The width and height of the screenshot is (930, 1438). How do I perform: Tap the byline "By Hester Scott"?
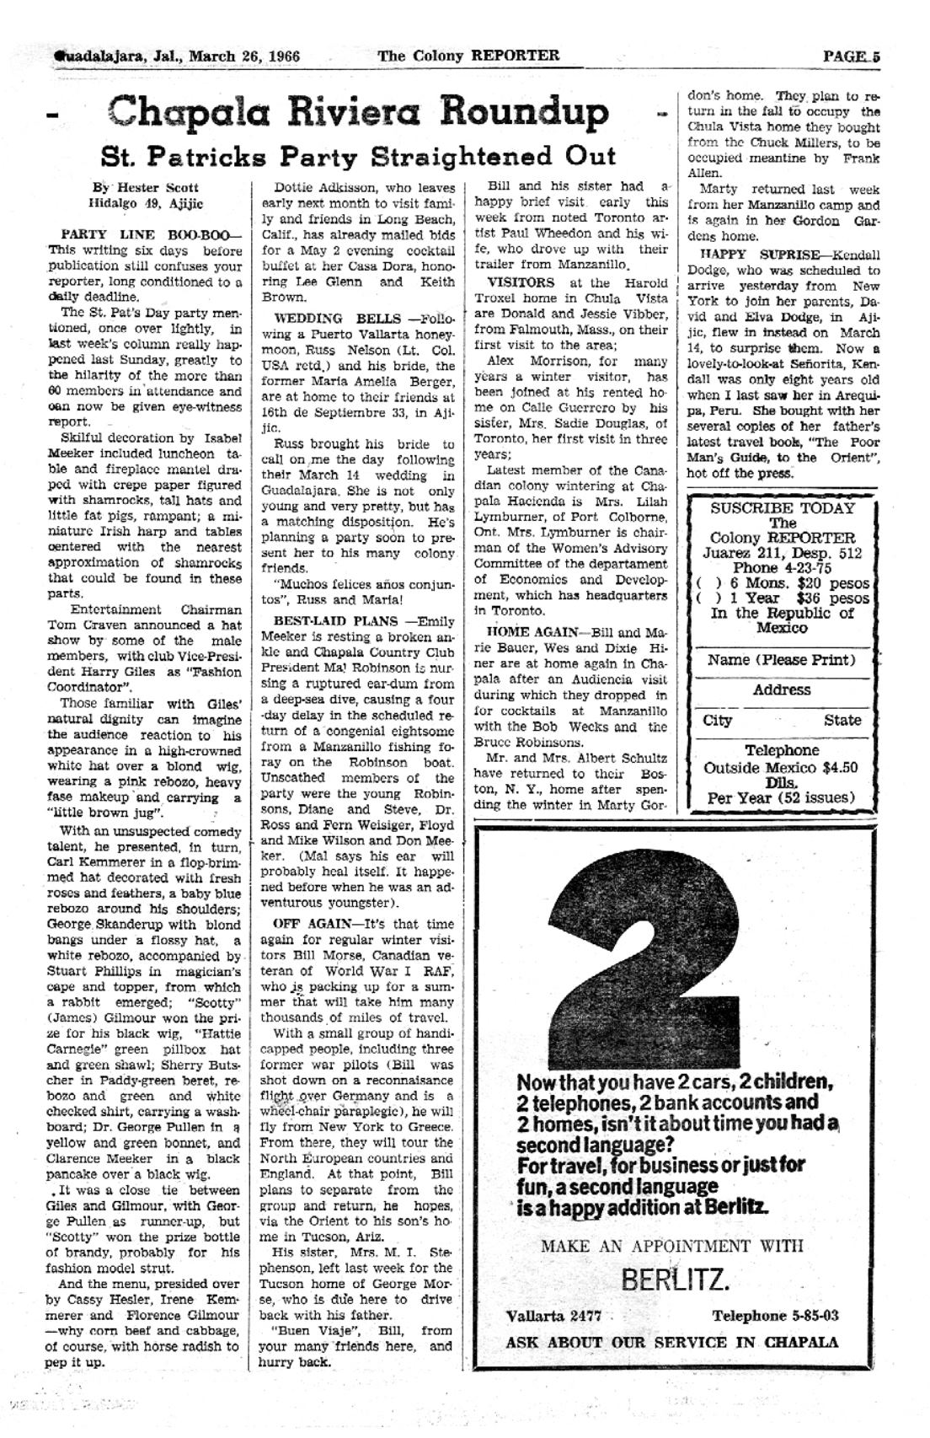coord(146,187)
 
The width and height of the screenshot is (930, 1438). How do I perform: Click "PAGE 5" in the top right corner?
coord(851,56)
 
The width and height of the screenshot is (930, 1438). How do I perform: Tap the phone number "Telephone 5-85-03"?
coord(775,1316)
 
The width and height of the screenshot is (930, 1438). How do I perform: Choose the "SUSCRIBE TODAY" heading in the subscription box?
coord(782,508)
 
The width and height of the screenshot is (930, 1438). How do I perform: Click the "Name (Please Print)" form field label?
coord(781,660)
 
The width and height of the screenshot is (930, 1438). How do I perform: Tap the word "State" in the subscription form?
coord(842,720)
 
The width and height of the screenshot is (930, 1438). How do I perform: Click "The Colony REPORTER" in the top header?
coord(468,56)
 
